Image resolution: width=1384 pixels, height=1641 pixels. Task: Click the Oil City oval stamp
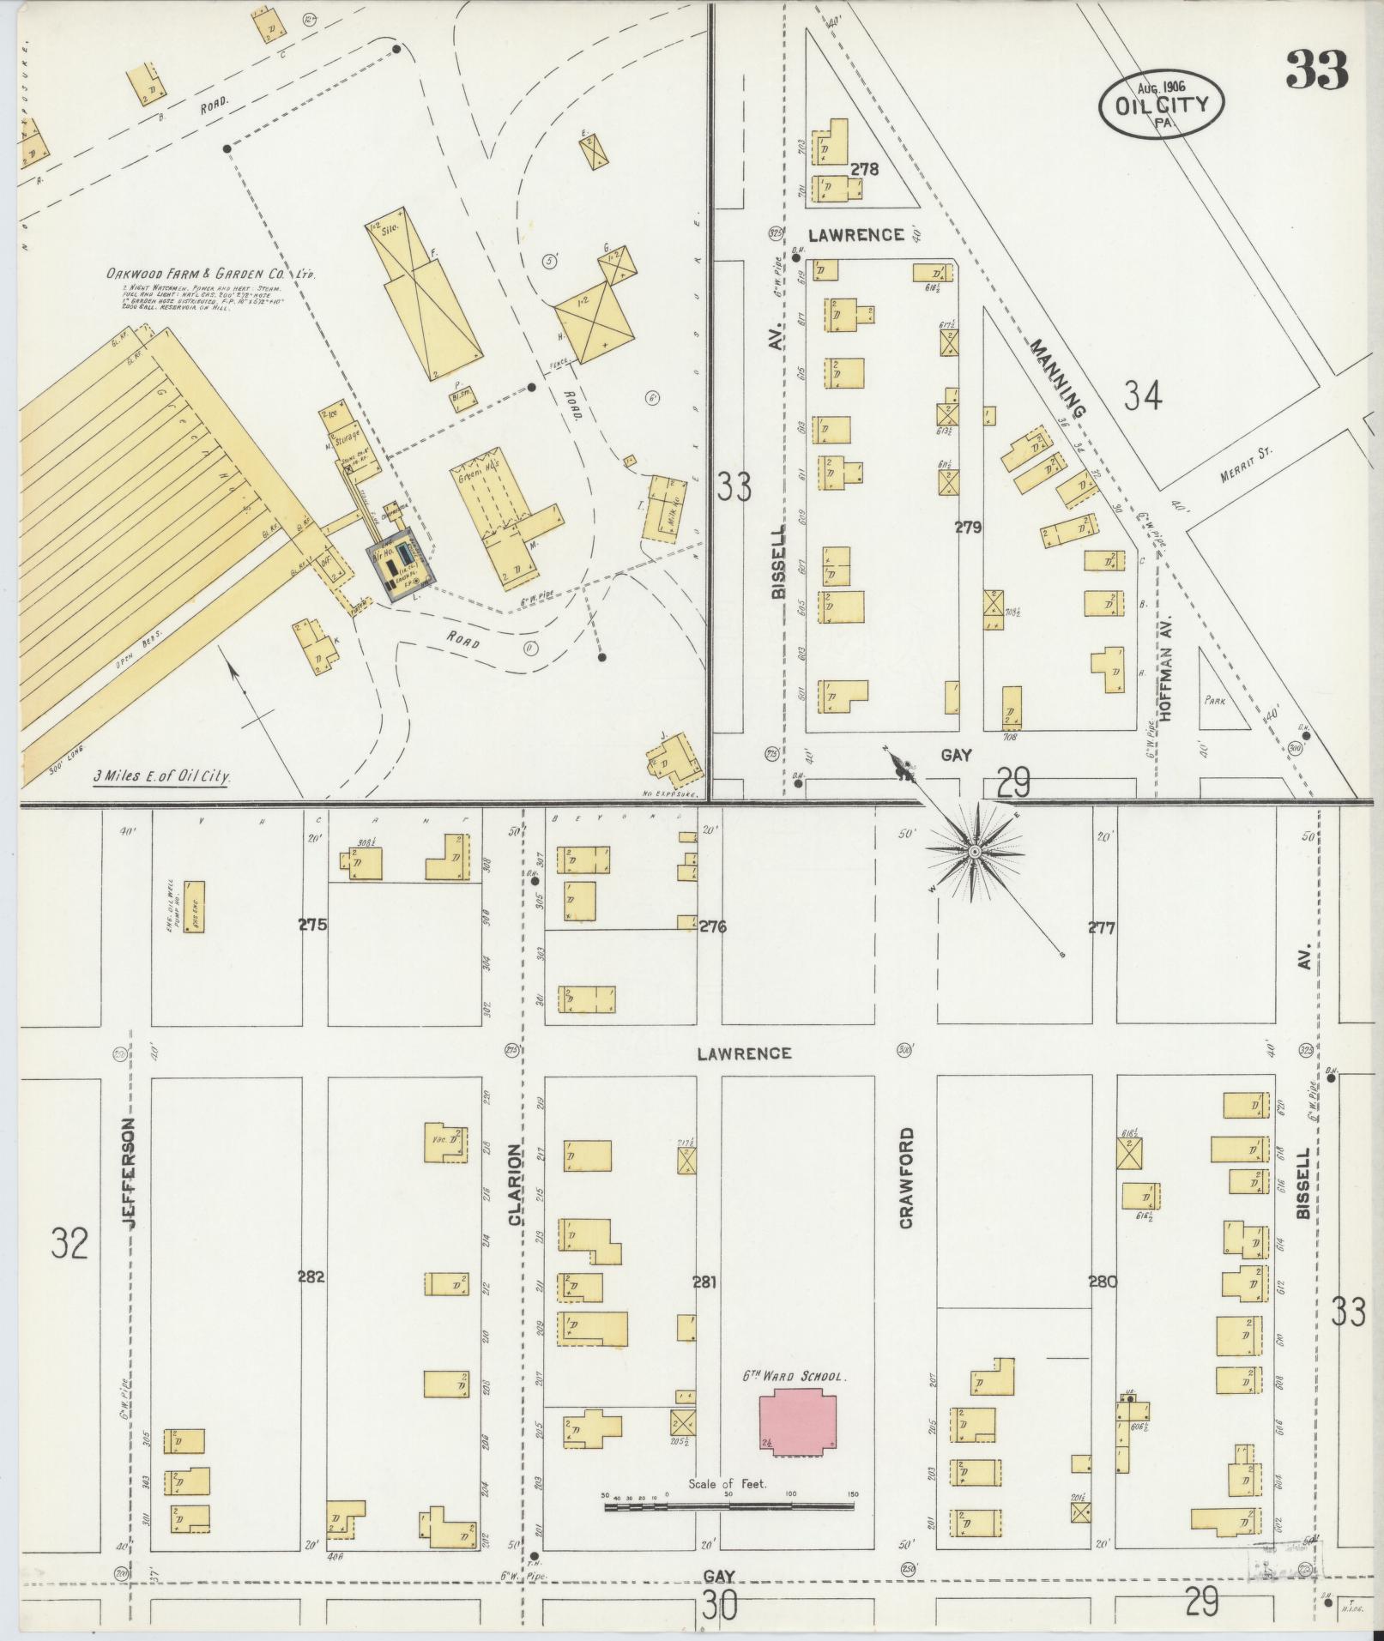click(x=1163, y=104)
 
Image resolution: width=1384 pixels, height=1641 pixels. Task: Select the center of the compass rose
click(x=975, y=852)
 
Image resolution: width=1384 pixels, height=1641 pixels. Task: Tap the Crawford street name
click(x=906, y=1179)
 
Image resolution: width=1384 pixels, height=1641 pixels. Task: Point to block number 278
click(x=864, y=170)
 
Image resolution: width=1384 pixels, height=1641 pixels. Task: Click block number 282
click(x=311, y=1300)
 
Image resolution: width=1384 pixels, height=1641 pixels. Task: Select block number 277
click(x=1101, y=927)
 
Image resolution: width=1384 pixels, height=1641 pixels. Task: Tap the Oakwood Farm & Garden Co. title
click(x=211, y=275)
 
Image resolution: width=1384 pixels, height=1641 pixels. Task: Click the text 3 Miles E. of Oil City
click(x=165, y=778)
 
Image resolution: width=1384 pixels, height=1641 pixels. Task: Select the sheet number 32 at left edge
click(x=69, y=1242)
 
